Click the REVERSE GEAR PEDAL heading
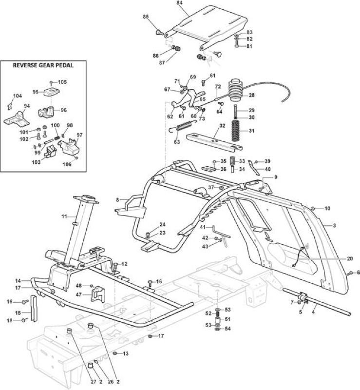(x=43, y=65)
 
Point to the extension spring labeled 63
(x=183, y=126)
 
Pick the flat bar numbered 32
(x=214, y=142)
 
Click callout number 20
(x=350, y=259)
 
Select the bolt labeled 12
(x=115, y=265)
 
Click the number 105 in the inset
(x=62, y=82)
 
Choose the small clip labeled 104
(x=10, y=106)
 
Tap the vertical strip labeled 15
(x=34, y=309)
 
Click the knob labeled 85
(x=159, y=32)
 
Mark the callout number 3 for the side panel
(x=334, y=226)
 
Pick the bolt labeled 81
(x=236, y=46)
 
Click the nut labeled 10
(x=313, y=208)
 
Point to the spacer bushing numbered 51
(x=217, y=319)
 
